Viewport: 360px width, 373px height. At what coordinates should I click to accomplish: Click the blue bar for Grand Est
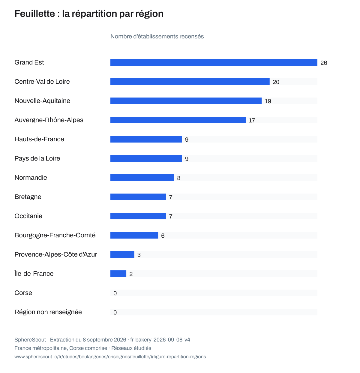(x=214, y=62)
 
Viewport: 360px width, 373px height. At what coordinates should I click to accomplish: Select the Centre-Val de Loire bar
(x=190, y=82)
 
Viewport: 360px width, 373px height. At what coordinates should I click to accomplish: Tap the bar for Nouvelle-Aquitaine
(x=186, y=101)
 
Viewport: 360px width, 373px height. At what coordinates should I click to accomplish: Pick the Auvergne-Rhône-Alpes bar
(x=178, y=120)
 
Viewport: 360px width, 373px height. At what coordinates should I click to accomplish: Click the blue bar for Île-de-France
(x=118, y=274)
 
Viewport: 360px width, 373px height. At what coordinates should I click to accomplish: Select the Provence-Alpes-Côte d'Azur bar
(x=122, y=254)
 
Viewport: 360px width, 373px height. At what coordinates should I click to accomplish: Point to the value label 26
(x=324, y=63)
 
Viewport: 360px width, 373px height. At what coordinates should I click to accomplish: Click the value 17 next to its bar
(x=252, y=120)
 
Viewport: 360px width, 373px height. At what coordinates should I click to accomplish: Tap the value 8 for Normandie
(x=178, y=178)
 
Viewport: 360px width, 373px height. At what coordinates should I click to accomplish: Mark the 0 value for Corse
(x=115, y=293)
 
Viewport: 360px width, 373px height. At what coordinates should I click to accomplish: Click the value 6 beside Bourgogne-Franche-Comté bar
(x=163, y=236)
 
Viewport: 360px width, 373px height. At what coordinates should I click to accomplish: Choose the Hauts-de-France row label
(x=39, y=139)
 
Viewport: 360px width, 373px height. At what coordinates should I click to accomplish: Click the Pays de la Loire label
(x=37, y=158)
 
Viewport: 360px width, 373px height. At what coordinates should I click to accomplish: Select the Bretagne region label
(x=28, y=197)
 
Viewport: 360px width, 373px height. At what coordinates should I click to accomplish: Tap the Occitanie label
(x=28, y=216)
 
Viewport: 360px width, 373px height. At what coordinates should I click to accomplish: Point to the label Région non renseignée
(x=48, y=312)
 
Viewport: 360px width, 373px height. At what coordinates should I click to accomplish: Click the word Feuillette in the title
(x=35, y=14)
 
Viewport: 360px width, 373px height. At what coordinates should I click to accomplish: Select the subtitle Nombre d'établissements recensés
(x=157, y=36)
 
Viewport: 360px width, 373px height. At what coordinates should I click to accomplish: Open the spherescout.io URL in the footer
(x=110, y=356)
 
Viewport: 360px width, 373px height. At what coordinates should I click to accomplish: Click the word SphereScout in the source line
(x=30, y=340)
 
